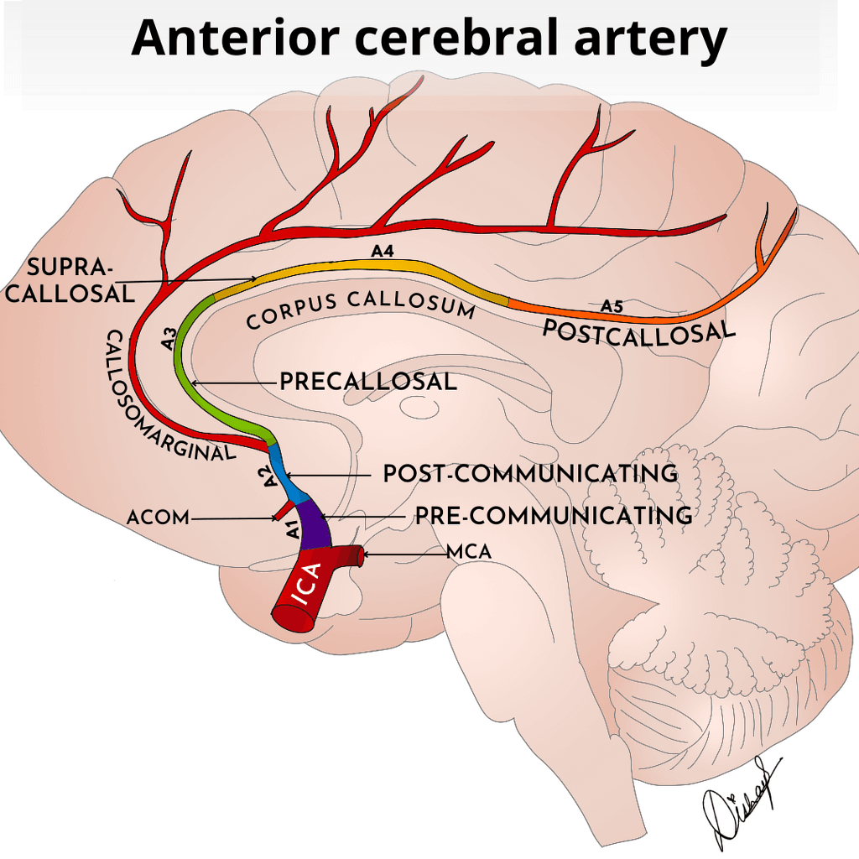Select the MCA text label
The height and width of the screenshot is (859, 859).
point(469,553)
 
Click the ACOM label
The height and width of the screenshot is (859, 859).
point(159,518)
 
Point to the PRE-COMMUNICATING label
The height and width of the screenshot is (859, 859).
point(554,516)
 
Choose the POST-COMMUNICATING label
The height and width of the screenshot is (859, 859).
point(530,474)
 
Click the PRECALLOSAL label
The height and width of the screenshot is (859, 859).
point(368,383)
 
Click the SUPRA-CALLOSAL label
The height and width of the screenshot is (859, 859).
point(80,280)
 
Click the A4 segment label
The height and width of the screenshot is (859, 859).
point(383,250)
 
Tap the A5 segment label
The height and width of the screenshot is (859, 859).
point(612,306)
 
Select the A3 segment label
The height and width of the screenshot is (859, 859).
point(169,340)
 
